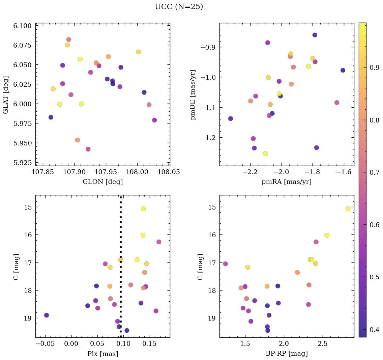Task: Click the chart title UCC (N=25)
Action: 179,7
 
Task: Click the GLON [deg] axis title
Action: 102,182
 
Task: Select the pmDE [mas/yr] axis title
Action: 193,94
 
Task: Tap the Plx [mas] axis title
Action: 102,354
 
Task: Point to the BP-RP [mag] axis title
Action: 287,354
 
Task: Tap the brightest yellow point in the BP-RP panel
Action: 348,209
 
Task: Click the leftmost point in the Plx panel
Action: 47,315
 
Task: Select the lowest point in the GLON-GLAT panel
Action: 88,149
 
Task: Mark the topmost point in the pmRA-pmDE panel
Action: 315,35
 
